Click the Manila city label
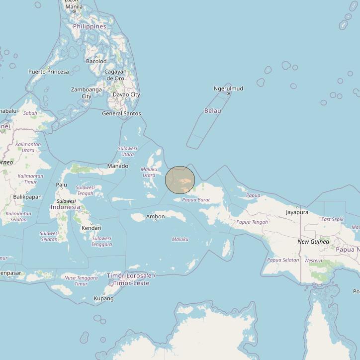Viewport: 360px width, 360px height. pyautogui.click(x=74, y=6)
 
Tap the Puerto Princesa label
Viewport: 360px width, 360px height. pyautogui.click(x=48, y=72)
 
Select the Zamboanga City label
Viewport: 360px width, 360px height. pyautogui.click(x=87, y=93)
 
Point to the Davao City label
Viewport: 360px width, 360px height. pyautogui.click(x=126, y=94)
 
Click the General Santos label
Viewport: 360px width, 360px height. pyautogui.click(x=121, y=113)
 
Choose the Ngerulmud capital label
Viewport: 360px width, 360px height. pyautogui.click(x=228, y=89)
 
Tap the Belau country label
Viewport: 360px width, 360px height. pyautogui.click(x=212, y=110)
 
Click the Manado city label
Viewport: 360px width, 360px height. pyautogui.click(x=118, y=166)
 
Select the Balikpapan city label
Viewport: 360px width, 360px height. pyautogui.click(x=27, y=197)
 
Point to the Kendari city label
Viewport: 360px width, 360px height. pyautogui.click(x=91, y=228)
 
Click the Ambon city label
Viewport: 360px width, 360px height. pyautogui.click(x=155, y=217)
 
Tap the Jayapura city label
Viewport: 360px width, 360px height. pyautogui.click(x=297, y=212)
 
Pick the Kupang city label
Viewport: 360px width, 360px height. pyautogui.click(x=104, y=298)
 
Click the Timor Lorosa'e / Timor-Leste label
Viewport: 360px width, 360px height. pyautogui.click(x=131, y=279)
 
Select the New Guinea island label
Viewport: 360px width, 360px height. pyautogui.click(x=313, y=242)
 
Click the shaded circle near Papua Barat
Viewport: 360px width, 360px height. pyautogui.click(x=180, y=180)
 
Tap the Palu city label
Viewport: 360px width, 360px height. pyautogui.click(x=62, y=185)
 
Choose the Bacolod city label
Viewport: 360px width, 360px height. pyautogui.click(x=96, y=61)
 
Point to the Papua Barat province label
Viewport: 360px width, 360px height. pyautogui.click(x=196, y=200)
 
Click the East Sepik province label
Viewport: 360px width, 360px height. pyautogui.click(x=332, y=219)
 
